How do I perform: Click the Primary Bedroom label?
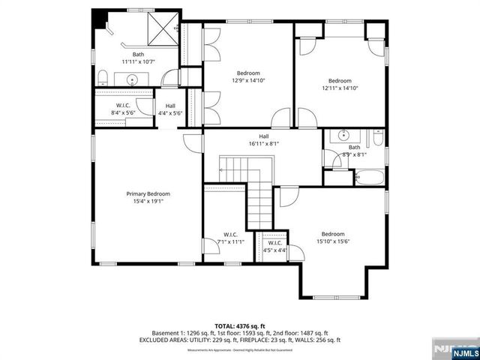point(148,193)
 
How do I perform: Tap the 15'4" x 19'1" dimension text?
point(148,201)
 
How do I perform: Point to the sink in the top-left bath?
point(133,79)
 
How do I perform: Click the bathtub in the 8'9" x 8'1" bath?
point(368,178)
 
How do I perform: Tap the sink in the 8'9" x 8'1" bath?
point(343,136)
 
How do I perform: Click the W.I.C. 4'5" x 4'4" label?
point(274,245)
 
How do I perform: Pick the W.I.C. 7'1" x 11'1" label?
point(229,238)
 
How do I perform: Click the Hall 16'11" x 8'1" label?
point(264,139)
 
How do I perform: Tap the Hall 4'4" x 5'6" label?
point(170,109)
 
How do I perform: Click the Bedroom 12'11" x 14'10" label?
point(340,84)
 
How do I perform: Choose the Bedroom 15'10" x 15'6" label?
point(333,238)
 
